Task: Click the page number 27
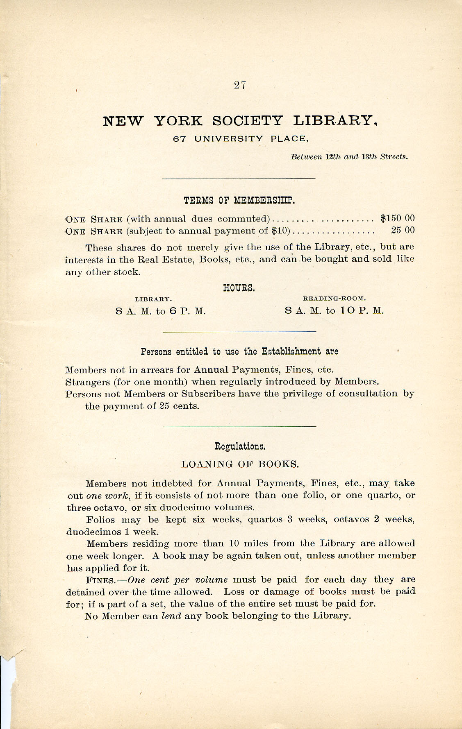[x=239, y=85]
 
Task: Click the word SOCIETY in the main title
[x=248, y=121]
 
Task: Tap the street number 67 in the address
[x=180, y=139]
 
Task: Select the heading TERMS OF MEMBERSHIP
[x=239, y=201]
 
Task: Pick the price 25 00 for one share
[x=403, y=230]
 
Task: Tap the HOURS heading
[x=239, y=288]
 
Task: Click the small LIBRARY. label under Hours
[x=153, y=299]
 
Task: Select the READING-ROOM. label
[x=334, y=299]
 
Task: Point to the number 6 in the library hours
[x=173, y=311]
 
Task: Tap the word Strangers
[x=87, y=382]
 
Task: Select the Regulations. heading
[x=240, y=446]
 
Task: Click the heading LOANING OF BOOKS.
[x=240, y=464]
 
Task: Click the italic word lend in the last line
[x=171, y=616]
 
